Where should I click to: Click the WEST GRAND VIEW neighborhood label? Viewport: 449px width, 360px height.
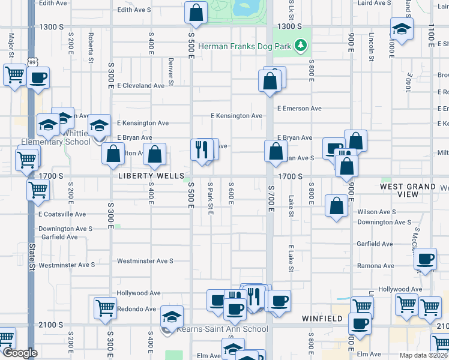point(408,190)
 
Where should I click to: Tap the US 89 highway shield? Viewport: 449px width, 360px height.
point(32,62)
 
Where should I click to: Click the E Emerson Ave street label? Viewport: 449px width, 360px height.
point(300,109)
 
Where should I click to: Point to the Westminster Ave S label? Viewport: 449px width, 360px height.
point(145,261)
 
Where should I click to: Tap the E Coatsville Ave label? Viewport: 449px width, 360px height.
point(62,214)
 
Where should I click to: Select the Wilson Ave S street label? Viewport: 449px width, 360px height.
point(376,212)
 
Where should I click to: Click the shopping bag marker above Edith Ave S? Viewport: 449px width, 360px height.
point(196,12)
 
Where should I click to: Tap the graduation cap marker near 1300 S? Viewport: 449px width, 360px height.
point(401,29)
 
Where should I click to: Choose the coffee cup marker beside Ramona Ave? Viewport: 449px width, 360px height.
point(425,259)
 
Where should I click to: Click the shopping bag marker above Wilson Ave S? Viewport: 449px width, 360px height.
point(337,206)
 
